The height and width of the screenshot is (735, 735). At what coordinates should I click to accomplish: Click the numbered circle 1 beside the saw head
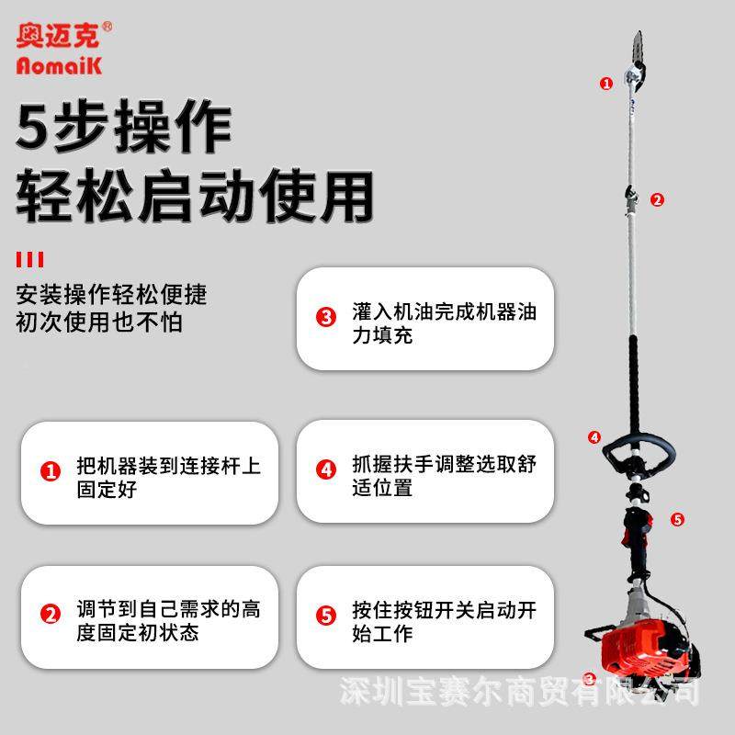[605, 83]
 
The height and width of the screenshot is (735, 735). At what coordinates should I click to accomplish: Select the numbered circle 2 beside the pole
[657, 199]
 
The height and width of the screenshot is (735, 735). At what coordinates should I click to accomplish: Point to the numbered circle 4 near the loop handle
[594, 437]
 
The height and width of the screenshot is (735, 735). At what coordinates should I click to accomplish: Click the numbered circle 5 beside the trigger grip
[677, 519]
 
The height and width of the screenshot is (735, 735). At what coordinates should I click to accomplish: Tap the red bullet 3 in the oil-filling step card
[326, 318]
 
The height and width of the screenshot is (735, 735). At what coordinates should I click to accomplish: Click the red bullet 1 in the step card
[51, 471]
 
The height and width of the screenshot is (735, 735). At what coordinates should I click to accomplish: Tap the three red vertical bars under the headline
[30, 259]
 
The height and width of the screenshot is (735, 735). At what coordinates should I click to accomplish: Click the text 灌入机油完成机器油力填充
[443, 322]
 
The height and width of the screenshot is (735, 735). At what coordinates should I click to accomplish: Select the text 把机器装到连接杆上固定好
[167, 477]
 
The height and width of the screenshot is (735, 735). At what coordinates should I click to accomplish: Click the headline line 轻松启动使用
[194, 194]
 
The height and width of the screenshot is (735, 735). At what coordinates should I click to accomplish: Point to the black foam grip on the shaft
[635, 377]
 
